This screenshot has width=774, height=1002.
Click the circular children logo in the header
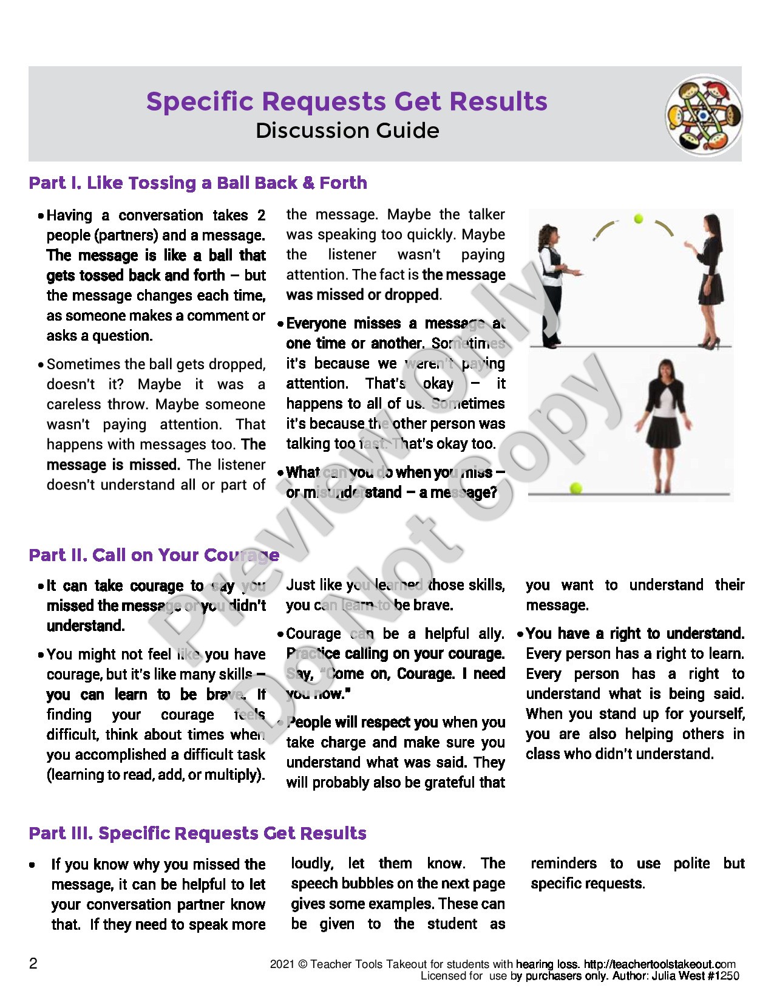pos(703,115)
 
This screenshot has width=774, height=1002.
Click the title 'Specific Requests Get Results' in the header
pos(347,101)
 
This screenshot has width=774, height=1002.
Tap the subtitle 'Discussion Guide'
pos(347,131)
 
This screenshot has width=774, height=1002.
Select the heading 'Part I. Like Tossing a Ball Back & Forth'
pos(198,183)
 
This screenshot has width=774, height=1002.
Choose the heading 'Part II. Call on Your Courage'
pos(154,555)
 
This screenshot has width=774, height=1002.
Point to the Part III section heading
pos(197,833)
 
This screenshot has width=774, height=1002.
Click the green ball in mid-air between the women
pos(638,219)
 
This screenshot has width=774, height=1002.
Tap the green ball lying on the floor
pos(575,488)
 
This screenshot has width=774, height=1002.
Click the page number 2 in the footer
pos(33,963)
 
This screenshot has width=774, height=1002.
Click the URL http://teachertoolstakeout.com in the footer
pos(659,964)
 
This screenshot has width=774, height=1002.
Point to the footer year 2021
pos(282,964)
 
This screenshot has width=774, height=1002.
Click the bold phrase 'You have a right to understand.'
pos(635,633)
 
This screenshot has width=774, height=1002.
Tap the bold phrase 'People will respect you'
pos(362,722)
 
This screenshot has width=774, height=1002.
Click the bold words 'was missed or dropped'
pos(362,295)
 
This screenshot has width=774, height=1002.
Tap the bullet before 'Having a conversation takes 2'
pos(40,216)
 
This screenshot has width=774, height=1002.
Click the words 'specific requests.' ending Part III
pos(587,884)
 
